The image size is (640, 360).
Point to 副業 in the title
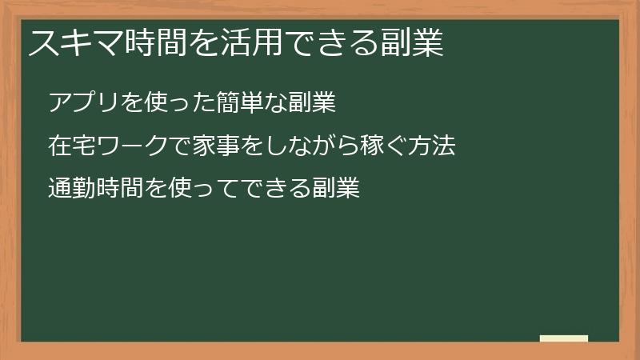414,44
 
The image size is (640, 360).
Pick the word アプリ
83,103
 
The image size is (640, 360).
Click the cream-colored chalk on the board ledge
564,338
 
